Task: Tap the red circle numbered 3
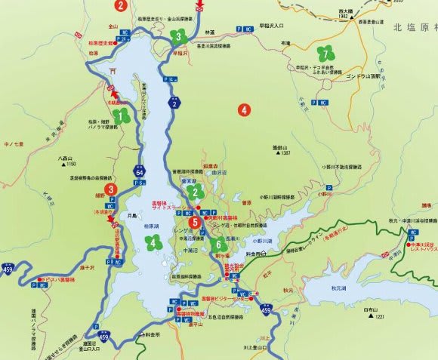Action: coord(111,189)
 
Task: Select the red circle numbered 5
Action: coord(196,222)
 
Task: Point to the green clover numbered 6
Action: coord(218,244)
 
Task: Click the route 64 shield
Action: coord(140,172)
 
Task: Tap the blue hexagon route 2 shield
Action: coord(174,103)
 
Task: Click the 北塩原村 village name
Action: coord(414,28)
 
